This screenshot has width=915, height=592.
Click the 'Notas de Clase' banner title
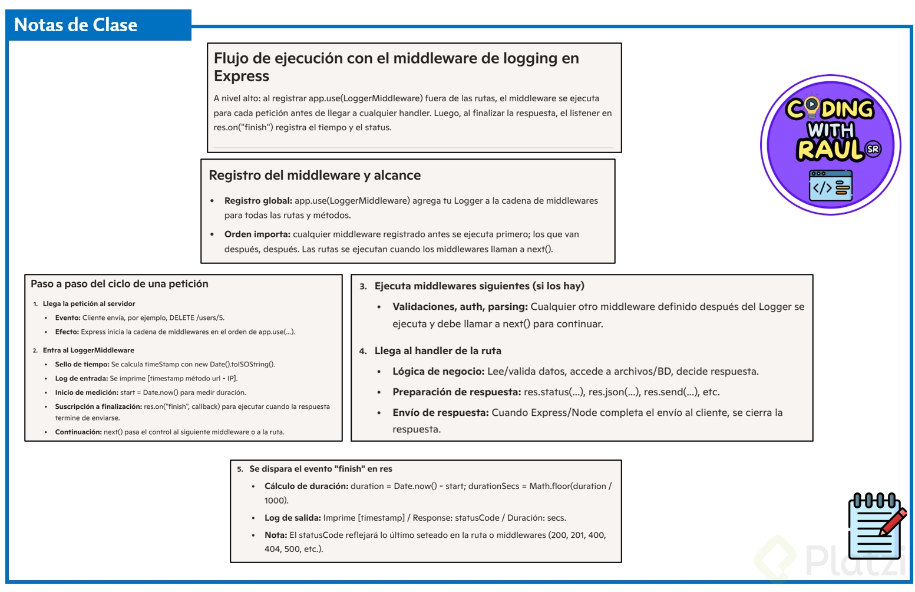pos(75,25)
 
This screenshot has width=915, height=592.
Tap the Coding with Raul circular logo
pos(830,145)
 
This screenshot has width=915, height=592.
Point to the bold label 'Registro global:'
pos(258,201)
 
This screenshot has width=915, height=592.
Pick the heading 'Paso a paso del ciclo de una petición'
pos(120,284)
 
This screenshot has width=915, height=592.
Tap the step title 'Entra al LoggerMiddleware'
pos(88,350)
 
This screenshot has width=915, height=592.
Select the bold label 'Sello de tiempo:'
pos(82,365)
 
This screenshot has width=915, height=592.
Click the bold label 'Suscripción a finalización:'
pos(98,407)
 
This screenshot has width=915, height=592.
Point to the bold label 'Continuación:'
pos(78,432)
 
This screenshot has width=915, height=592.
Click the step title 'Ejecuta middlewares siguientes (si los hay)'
pos(479,286)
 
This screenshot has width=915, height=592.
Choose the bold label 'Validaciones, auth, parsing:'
pos(460,307)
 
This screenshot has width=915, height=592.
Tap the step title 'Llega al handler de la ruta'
pos(438,351)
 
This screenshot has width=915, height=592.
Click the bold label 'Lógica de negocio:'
pos(438,372)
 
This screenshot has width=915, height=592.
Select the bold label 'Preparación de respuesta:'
pos(457,392)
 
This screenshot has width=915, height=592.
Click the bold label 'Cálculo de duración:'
pos(306,487)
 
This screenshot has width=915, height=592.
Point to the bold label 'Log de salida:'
pos(292,518)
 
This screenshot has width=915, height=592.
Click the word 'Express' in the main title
pos(242,77)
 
